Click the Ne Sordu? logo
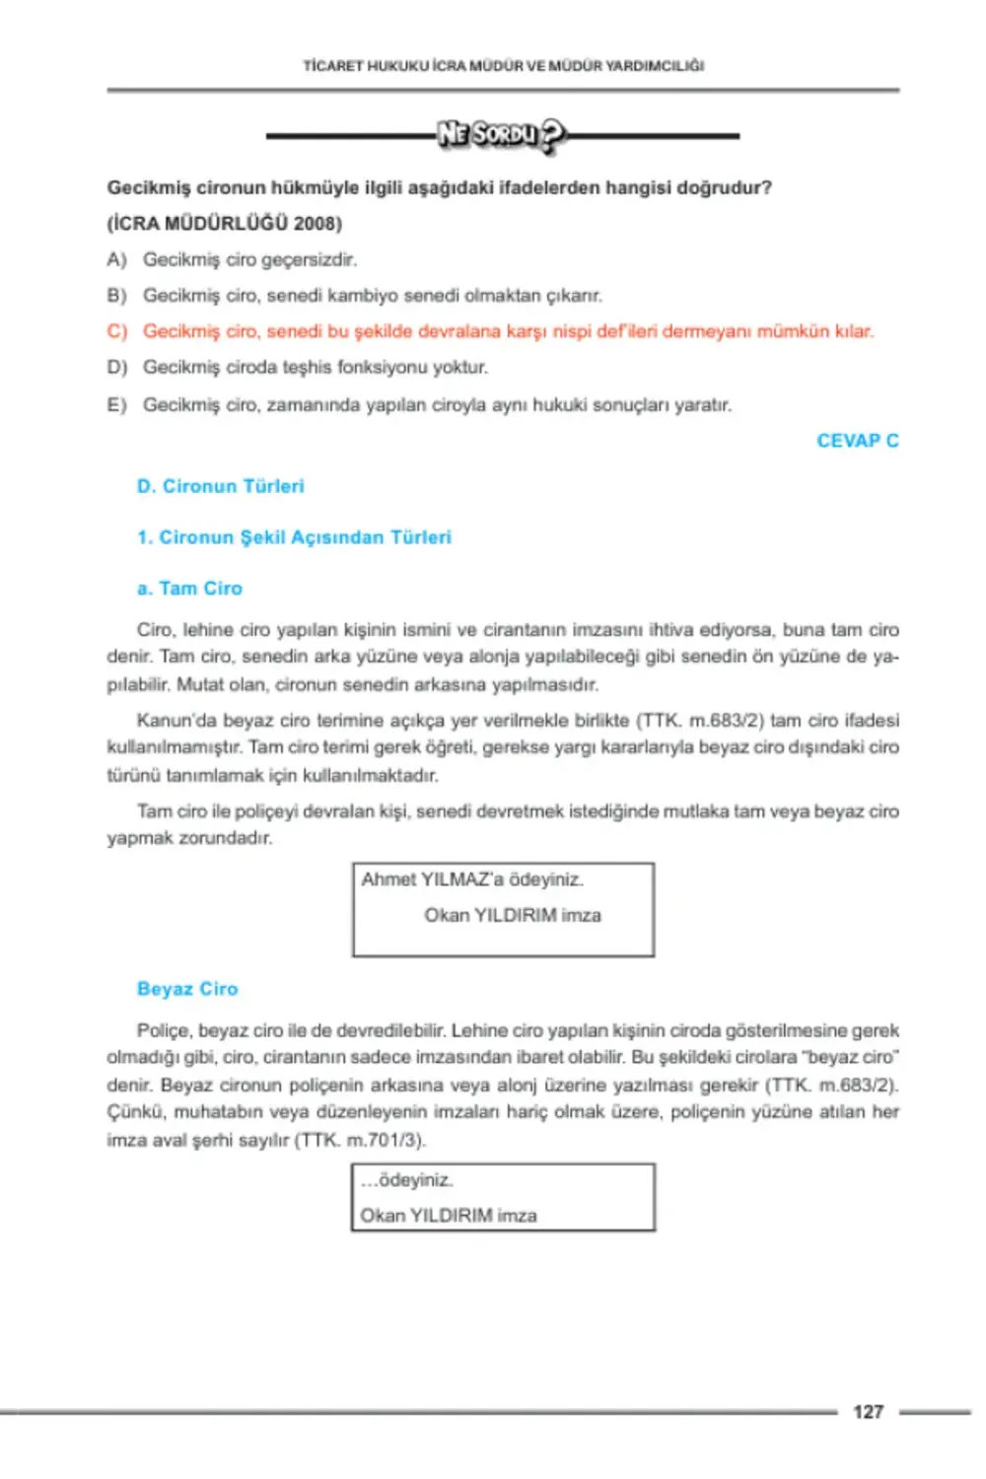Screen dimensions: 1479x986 [x=502, y=135]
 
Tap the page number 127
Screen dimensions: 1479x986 [x=868, y=1412]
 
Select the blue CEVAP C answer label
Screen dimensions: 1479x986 [x=857, y=441]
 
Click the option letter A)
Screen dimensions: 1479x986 [x=117, y=259]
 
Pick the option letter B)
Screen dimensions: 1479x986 [x=117, y=295]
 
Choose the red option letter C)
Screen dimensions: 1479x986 [x=117, y=331]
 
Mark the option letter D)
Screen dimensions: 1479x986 [x=117, y=367]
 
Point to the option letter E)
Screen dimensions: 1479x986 [x=117, y=404]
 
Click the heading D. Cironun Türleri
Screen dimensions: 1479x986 [x=220, y=486]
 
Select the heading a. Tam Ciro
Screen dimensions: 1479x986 [x=189, y=589]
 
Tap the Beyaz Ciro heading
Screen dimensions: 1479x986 [x=187, y=989]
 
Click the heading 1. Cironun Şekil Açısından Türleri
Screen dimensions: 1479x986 [x=294, y=537]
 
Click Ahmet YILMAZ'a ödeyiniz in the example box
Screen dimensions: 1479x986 [x=472, y=880]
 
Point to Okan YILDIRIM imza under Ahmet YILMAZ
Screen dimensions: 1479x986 [x=512, y=915]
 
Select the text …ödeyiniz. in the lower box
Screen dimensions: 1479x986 [x=406, y=1180]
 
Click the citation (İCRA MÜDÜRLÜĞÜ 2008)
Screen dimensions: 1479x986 [x=225, y=223]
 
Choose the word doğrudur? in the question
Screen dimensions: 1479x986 [x=724, y=187]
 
